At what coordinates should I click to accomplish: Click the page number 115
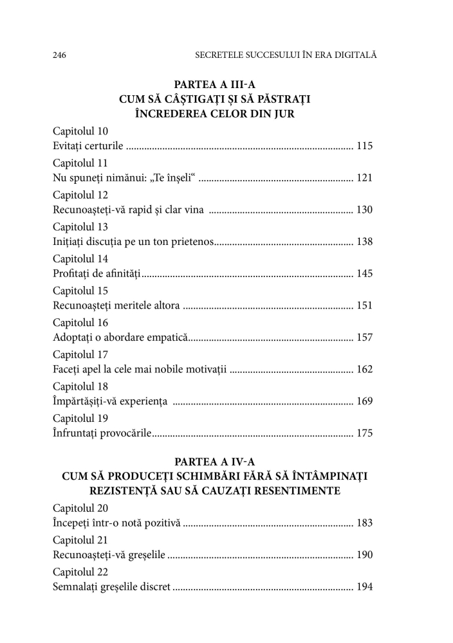point(365,146)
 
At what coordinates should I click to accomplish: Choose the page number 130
point(365,210)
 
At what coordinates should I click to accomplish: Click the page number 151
point(365,305)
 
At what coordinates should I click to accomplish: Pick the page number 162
point(365,370)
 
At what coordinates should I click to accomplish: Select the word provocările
point(125,433)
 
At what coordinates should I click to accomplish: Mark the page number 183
point(365,523)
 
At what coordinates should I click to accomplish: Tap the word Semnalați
point(76,586)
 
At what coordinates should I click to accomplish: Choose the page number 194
point(365,586)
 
